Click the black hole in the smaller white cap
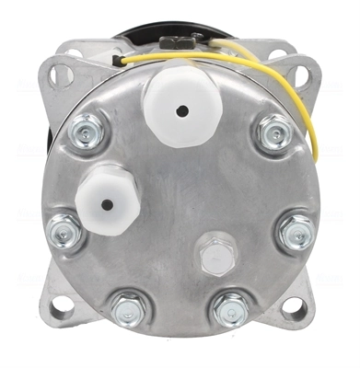click(x=109, y=205)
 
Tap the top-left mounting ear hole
click(x=58, y=72)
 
